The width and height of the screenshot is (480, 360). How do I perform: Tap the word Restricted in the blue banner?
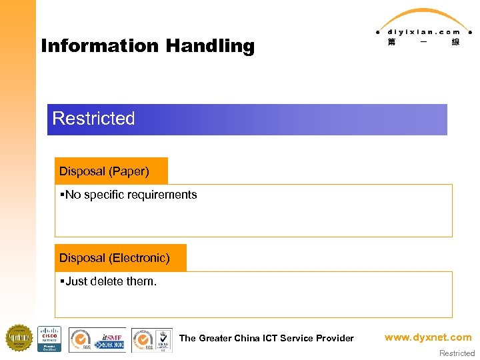coord(93,119)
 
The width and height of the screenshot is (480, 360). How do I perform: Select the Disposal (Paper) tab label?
coord(104,171)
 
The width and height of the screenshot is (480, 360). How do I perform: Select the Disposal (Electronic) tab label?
coord(115,258)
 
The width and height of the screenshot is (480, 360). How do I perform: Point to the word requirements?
coord(163,195)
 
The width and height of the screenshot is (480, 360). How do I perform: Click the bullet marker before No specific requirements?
coord(61,195)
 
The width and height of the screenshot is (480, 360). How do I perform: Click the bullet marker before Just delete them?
coord(61,281)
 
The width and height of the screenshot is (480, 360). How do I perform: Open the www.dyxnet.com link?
coord(427,337)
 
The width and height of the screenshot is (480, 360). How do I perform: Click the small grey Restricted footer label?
coord(457,353)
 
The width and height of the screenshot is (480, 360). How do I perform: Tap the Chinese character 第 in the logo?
coord(391,42)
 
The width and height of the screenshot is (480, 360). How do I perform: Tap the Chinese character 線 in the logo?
coord(455,42)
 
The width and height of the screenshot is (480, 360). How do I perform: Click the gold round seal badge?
coord(19,338)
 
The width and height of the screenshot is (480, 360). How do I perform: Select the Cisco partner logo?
coord(49,339)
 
